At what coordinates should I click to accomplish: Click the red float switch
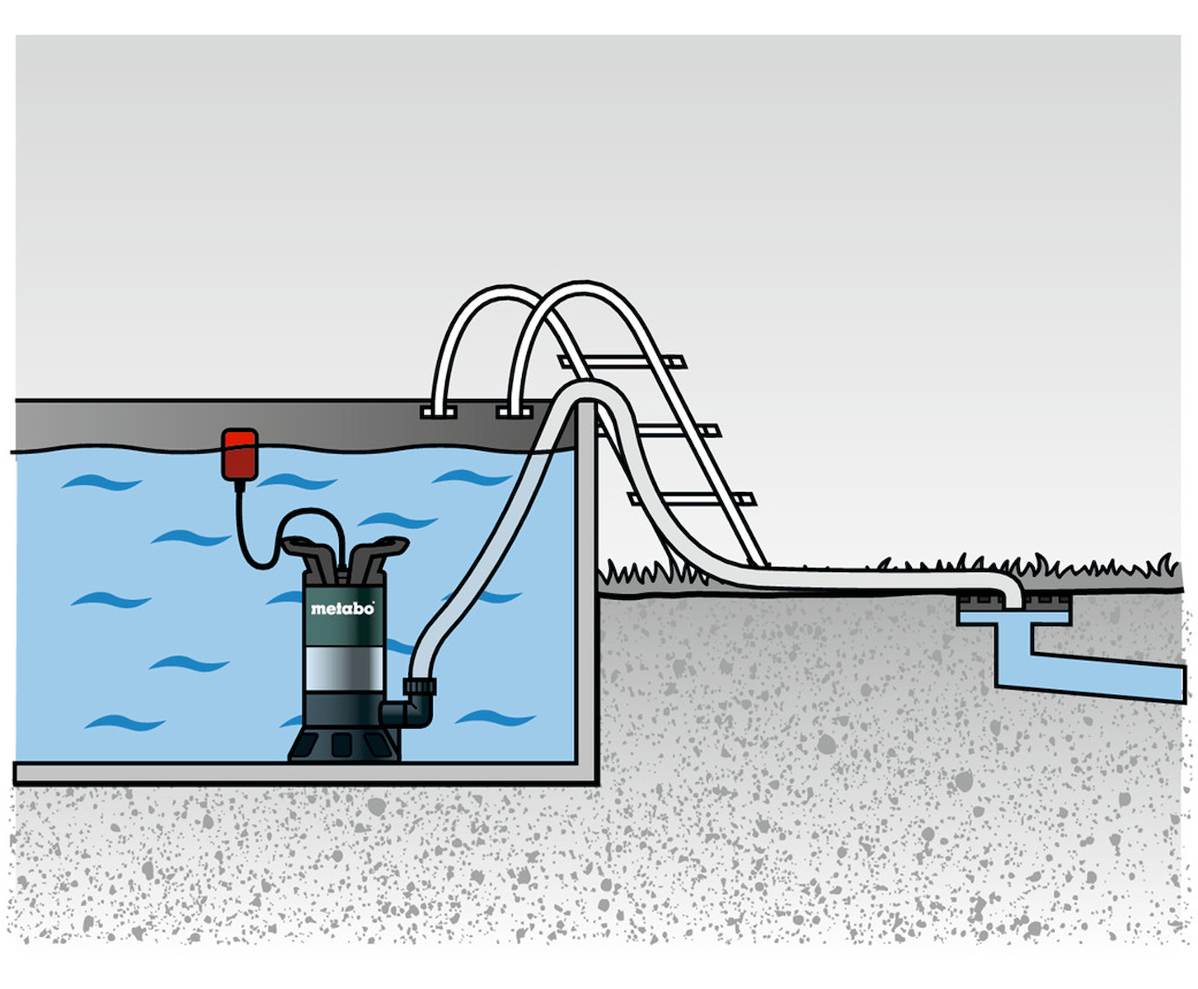point(239,454)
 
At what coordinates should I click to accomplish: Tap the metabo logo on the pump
point(342,608)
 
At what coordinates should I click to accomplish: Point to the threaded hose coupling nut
point(420,687)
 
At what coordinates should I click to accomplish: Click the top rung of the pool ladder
point(622,362)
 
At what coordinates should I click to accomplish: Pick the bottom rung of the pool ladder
point(693,499)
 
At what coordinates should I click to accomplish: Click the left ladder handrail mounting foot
point(439,412)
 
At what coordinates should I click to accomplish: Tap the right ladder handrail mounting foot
point(514,412)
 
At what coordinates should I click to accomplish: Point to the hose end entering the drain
point(1012,598)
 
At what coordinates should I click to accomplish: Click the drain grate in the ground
point(1014,602)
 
